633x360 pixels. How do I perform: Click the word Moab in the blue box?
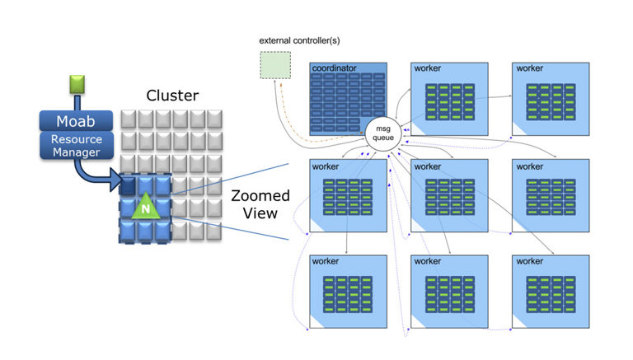pyautogui.click(x=76, y=121)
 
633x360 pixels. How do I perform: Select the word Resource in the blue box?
pyautogui.click(x=77, y=139)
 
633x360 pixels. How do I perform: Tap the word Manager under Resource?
pyautogui.click(x=77, y=152)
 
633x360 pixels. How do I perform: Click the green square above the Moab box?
pyautogui.click(x=77, y=84)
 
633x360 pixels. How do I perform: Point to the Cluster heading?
pyautogui.click(x=172, y=96)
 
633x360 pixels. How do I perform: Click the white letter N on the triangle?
pyautogui.click(x=146, y=208)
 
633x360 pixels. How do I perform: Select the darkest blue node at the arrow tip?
pyautogui.click(x=128, y=185)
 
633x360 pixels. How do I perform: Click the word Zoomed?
pyautogui.click(x=260, y=196)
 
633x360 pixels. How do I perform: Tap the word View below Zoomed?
pyautogui.click(x=260, y=213)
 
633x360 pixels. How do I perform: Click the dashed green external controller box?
pyautogui.click(x=275, y=65)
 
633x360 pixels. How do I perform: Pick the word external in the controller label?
pyautogui.click(x=275, y=40)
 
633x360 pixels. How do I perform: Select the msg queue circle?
pyautogui.click(x=383, y=133)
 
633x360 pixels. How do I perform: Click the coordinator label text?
pyautogui.click(x=335, y=68)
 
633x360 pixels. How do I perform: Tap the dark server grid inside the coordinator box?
pyautogui.click(x=348, y=102)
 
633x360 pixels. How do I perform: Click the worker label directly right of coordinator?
pyautogui.click(x=428, y=68)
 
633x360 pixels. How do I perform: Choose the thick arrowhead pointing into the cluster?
pyautogui.click(x=115, y=180)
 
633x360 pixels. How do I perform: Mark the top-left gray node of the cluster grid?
pyautogui.click(x=129, y=119)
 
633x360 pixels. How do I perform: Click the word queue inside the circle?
pyautogui.click(x=383, y=138)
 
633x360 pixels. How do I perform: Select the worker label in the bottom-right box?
pyautogui.click(x=530, y=261)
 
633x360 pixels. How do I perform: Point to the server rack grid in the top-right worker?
pyautogui.click(x=551, y=102)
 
